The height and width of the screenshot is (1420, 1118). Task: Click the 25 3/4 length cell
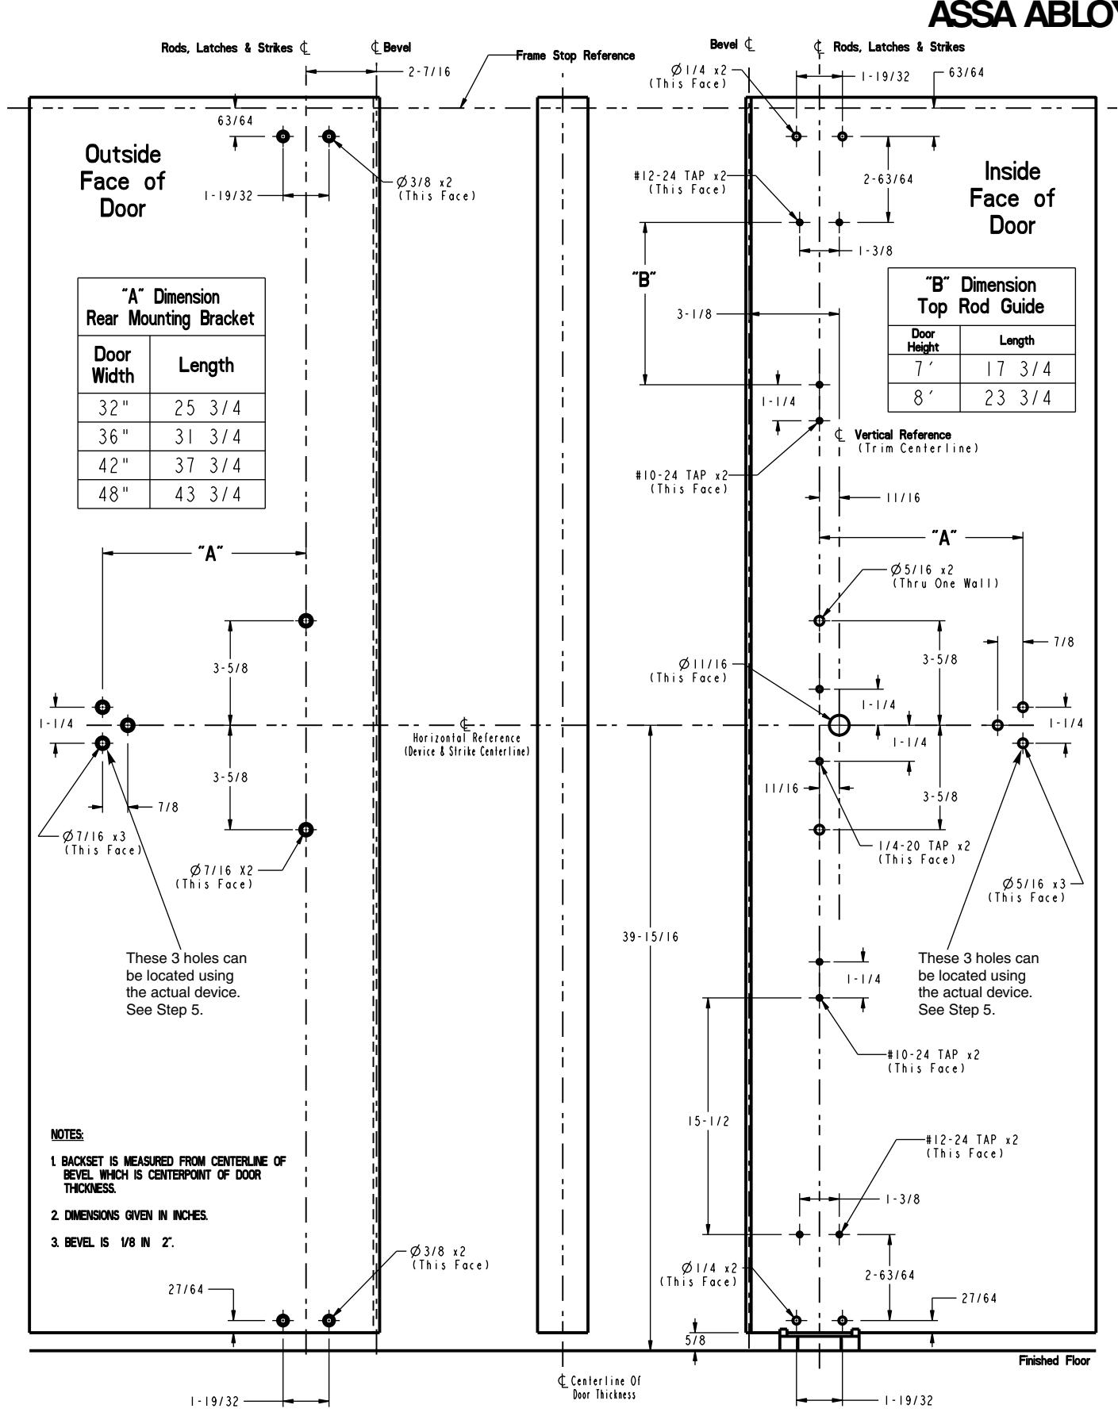point(207,408)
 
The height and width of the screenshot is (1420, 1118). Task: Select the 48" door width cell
point(113,494)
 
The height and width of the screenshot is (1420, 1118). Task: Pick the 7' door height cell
point(924,369)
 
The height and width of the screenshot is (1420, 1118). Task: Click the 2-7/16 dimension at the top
point(428,72)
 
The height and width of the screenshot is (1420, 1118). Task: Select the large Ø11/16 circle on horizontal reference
point(839,725)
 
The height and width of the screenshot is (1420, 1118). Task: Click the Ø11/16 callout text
point(688,670)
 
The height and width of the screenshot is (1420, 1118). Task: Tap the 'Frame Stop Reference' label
point(575,56)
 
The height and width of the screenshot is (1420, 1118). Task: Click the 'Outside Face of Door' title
point(122,181)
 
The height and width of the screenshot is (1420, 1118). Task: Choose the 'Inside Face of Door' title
point(1012,198)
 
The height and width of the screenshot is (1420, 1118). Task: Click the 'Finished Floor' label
point(1055,1361)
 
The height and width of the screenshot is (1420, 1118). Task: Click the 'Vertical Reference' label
point(902,441)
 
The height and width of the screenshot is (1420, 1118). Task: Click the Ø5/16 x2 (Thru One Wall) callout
point(943,577)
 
